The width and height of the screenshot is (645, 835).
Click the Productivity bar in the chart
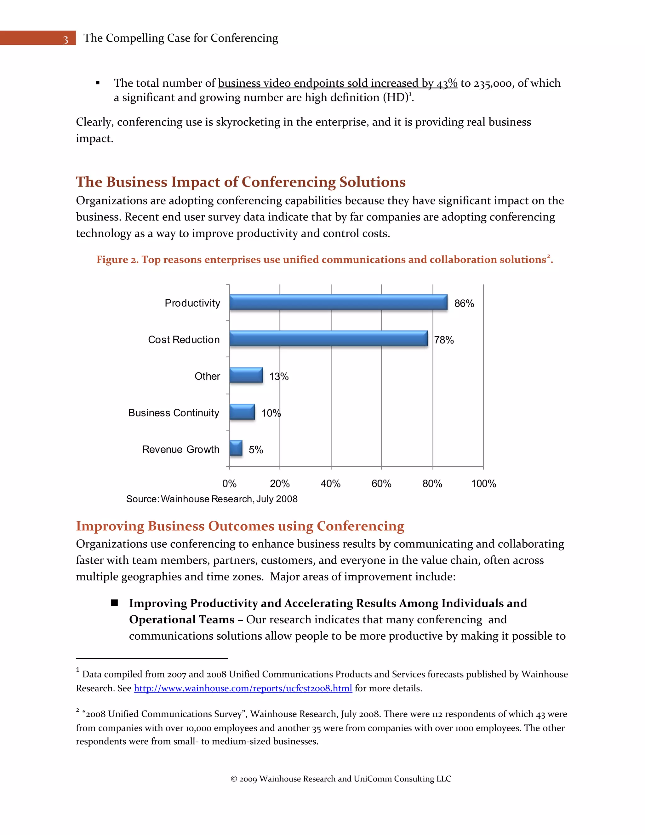click(x=338, y=302)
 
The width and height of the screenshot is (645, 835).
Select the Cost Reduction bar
click(x=328, y=338)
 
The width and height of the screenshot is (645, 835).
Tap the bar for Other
click(x=246, y=375)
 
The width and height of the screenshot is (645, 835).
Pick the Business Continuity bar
click(x=242, y=412)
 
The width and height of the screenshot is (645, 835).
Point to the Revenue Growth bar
click(x=236, y=448)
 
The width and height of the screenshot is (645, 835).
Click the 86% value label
click(x=464, y=303)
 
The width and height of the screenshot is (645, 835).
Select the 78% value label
click(x=444, y=340)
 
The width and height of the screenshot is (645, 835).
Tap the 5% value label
click(x=256, y=450)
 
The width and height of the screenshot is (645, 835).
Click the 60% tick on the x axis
click(x=381, y=484)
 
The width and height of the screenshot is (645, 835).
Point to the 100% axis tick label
click(x=483, y=484)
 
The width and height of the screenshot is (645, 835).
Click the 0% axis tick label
click(x=229, y=484)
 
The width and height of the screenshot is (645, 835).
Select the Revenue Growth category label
click(x=181, y=449)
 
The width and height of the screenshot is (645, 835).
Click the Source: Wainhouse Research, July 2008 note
click(x=212, y=499)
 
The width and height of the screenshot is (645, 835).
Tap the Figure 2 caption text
click(x=324, y=260)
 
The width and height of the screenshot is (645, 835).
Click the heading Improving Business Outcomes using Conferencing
click(x=240, y=526)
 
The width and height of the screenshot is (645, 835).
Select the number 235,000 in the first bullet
click(x=492, y=83)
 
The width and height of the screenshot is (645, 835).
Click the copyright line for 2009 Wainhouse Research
click(x=340, y=779)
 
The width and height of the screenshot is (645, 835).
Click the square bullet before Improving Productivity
click(x=114, y=603)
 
